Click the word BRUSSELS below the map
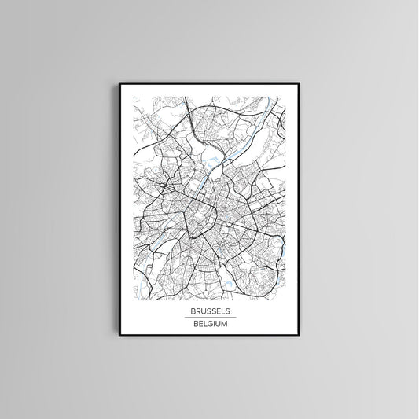point(209,311)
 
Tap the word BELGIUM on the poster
point(209,324)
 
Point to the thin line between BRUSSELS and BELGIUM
point(209,318)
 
